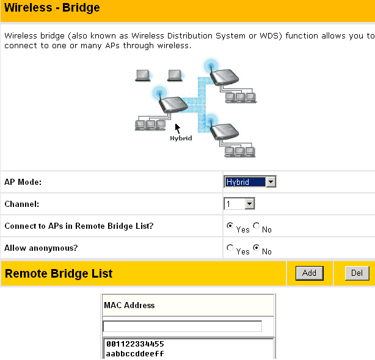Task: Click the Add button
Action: point(310,273)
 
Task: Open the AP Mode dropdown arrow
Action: point(271,182)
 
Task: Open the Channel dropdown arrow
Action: point(249,204)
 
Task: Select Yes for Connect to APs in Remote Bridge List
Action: point(230,226)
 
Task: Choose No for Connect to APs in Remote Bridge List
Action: point(256,226)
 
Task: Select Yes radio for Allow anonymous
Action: point(230,248)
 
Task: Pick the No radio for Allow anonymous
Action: point(256,248)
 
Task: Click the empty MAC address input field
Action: point(182,326)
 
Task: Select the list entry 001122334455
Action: point(135,344)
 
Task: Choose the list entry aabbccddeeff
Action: point(135,353)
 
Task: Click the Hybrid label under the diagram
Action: point(181,139)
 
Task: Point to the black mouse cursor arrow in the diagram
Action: point(178,129)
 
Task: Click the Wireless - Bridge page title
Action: point(52,7)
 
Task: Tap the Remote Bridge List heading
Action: point(59,273)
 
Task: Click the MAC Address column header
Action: point(129,305)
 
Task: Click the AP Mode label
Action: point(23,182)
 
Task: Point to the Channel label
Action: point(22,204)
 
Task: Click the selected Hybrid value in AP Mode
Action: point(245,182)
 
